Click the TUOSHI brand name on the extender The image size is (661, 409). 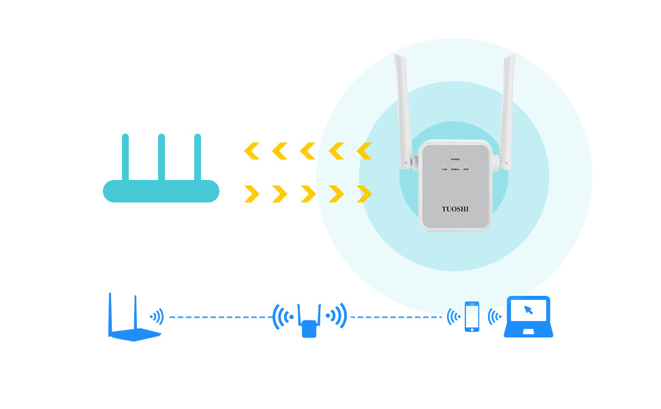tap(455, 209)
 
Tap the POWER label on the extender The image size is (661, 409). tap(455, 159)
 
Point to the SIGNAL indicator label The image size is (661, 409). tap(455, 169)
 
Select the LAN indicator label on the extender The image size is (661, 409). tap(444, 169)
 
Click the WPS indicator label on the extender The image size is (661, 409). tap(466, 169)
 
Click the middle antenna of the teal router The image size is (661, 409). tap(162, 157)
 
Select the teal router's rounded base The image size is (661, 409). tap(161, 192)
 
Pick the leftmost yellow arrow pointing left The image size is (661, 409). tap(251, 151)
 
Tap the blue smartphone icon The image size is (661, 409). tap(472, 317)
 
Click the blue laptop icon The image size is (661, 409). tap(528, 317)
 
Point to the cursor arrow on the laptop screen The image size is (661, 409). tap(528, 310)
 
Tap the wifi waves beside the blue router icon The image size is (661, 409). tap(157, 317)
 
